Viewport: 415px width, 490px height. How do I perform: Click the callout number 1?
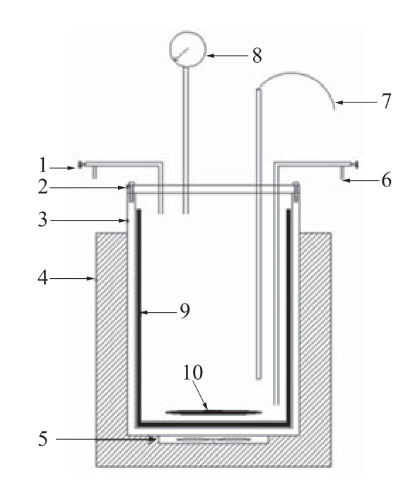(43, 165)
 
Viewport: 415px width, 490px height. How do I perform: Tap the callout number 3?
(43, 220)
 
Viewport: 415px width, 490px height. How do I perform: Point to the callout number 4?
(43, 277)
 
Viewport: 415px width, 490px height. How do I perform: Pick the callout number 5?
(43, 438)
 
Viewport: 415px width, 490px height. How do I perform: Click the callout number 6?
(387, 180)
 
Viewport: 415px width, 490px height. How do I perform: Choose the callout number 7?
(387, 101)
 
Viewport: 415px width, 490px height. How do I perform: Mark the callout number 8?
(257, 56)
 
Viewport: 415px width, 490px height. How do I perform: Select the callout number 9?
(185, 311)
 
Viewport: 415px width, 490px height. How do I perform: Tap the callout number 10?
(193, 372)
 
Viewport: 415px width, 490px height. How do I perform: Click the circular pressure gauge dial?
(188, 49)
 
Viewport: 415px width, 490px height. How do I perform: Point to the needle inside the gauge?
(180, 54)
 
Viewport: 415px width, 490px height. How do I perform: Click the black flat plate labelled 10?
(214, 412)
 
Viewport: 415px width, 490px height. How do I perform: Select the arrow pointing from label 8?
(228, 56)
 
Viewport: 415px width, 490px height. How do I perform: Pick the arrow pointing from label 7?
(356, 102)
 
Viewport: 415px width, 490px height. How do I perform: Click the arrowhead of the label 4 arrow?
(91, 278)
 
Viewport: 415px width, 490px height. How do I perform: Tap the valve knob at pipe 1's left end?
(81, 165)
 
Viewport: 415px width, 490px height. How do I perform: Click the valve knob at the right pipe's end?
(356, 165)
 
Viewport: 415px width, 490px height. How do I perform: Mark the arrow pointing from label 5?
(106, 439)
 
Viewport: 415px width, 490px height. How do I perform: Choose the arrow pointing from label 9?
(158, 312)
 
